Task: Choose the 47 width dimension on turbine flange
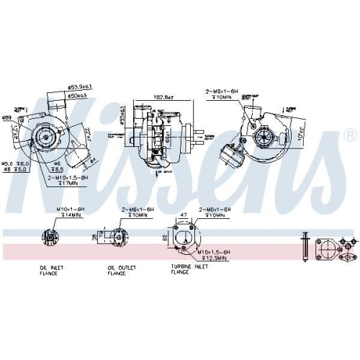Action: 184,215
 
